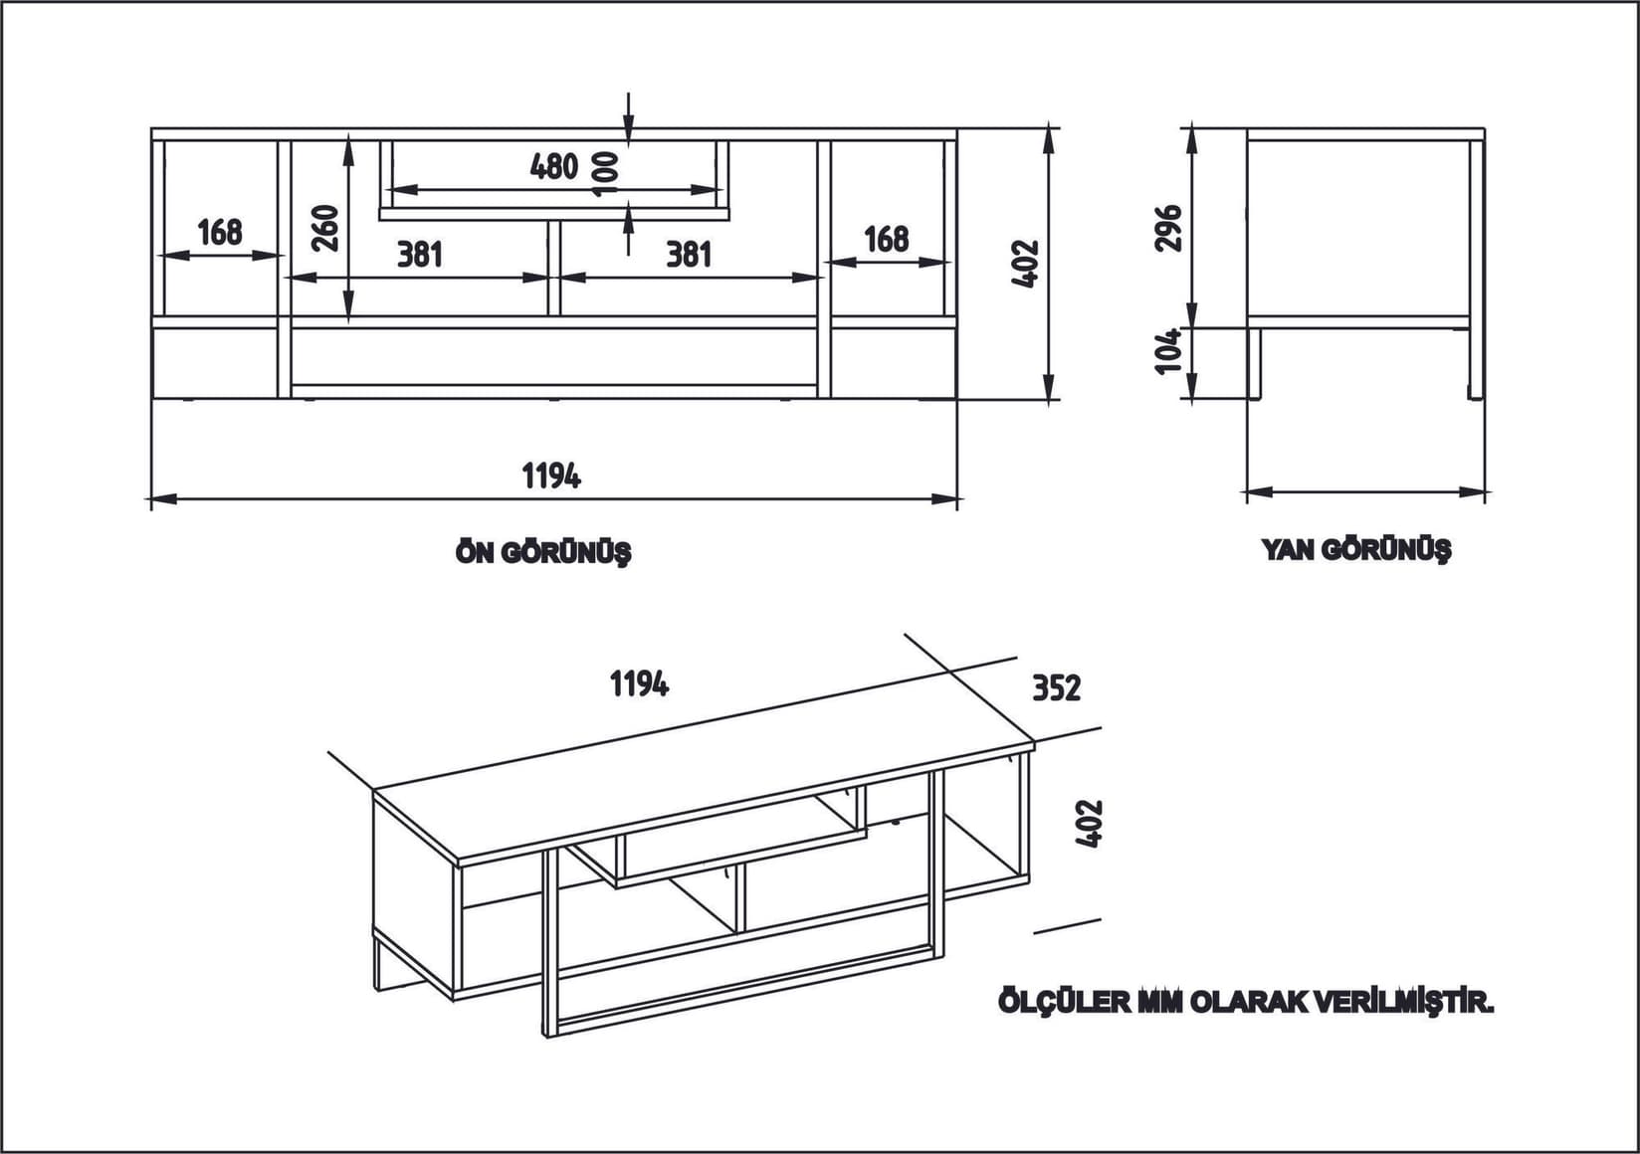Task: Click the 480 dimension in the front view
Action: [554, 166]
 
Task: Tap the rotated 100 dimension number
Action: [604, 173]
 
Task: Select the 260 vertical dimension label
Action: [326, 228]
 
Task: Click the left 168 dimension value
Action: [220, 232]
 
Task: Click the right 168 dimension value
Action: [886, 239]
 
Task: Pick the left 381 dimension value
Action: [419, 255]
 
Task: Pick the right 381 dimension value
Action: [689, 255]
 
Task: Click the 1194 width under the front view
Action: [552, 477]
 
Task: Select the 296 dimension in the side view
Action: [1170, 228]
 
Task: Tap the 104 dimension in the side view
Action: [1169, 350]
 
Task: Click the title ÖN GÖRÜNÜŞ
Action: [543, 552]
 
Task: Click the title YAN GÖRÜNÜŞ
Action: [1356, 549]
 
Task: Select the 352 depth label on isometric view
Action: [1056, 687]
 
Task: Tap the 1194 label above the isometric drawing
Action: [639, 683]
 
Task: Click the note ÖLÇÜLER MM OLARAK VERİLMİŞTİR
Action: [1246, 1002]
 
